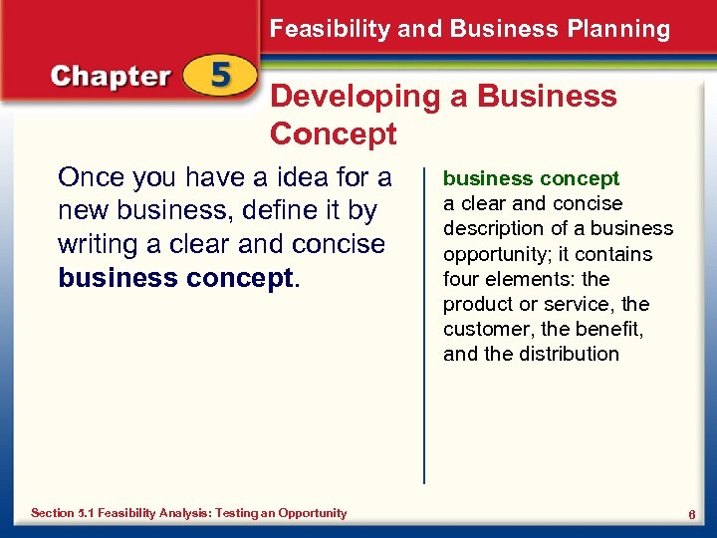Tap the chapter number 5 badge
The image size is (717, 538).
pos(220,78)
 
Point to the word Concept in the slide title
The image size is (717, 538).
pos(333,134)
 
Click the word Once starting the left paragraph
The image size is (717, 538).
pos(92,178)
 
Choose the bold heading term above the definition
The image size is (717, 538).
pos(531,179)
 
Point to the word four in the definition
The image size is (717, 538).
pos(461,279)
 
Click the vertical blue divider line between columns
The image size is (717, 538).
pos(424,329)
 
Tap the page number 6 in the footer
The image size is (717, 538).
pos(690,513)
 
